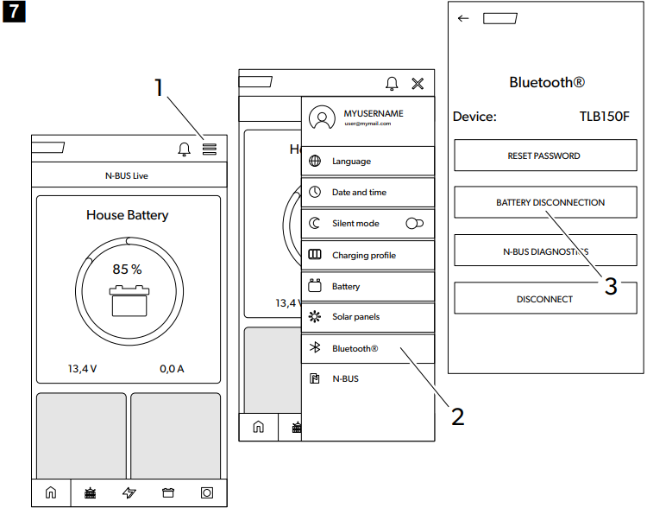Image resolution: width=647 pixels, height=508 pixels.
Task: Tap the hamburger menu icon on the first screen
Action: click(209, 149)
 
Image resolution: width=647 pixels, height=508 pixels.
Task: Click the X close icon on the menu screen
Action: click(418, 84)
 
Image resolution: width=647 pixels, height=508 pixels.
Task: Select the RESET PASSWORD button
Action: click(543, 156)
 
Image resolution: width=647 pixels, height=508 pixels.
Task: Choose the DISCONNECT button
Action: click(543, 299)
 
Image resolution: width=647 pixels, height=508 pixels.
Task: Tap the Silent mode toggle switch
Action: click(414, 224)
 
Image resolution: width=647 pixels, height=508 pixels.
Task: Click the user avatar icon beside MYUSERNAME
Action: click(322, 118)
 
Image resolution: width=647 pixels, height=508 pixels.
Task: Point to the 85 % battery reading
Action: click(127, 269)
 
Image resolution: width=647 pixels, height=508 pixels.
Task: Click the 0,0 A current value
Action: click(172, 369)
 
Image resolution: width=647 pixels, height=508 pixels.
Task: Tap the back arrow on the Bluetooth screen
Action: click(463, 18)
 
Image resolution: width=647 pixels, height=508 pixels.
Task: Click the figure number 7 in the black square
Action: click(11, 12)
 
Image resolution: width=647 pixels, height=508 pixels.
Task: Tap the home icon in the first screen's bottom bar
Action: click(50, 493)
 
